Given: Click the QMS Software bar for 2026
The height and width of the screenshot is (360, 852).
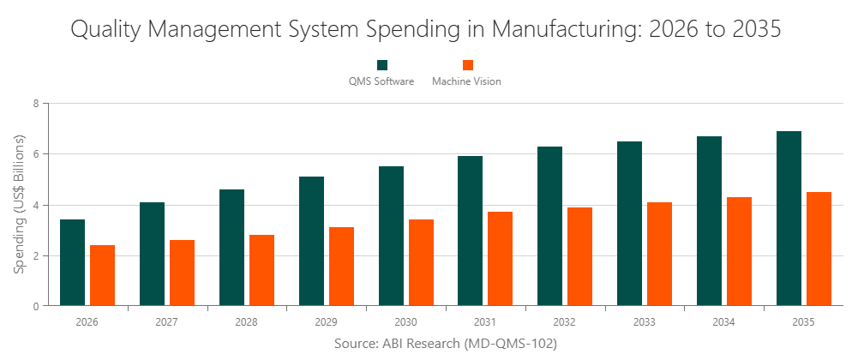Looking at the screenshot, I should tap(72, 262).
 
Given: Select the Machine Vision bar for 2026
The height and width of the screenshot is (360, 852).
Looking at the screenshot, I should tap(102, 275).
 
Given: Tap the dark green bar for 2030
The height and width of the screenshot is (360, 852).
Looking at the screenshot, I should tap(391, 236).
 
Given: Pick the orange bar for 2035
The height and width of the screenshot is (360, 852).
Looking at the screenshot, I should tap(819, 249).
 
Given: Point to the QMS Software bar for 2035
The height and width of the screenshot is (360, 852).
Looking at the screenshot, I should tap(789, 219).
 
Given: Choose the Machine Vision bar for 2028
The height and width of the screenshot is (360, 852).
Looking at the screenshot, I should tap(261, 270).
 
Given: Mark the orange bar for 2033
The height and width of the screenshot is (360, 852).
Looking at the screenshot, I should tap(660, 254).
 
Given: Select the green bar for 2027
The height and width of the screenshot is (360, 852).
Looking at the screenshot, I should tap(152, 254).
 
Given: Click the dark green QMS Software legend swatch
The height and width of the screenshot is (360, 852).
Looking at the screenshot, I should tap(381, 65).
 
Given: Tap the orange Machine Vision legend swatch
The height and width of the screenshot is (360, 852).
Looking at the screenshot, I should tap(467, 65).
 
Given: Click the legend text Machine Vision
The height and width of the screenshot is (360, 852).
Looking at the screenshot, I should tap(466, 81).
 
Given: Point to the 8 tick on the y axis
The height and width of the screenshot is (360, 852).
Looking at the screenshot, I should tap(36, 104).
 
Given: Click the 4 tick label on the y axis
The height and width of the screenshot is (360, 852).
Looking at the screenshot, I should tap(36, 205).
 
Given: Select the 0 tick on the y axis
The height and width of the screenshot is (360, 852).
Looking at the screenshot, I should tap(36, 306).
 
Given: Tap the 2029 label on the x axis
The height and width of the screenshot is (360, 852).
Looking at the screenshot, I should tap(326, 322).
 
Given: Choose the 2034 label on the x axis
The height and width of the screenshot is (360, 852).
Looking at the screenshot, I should tap(723, 322).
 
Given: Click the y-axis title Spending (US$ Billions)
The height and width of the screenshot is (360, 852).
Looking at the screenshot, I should tap(20, 204).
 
